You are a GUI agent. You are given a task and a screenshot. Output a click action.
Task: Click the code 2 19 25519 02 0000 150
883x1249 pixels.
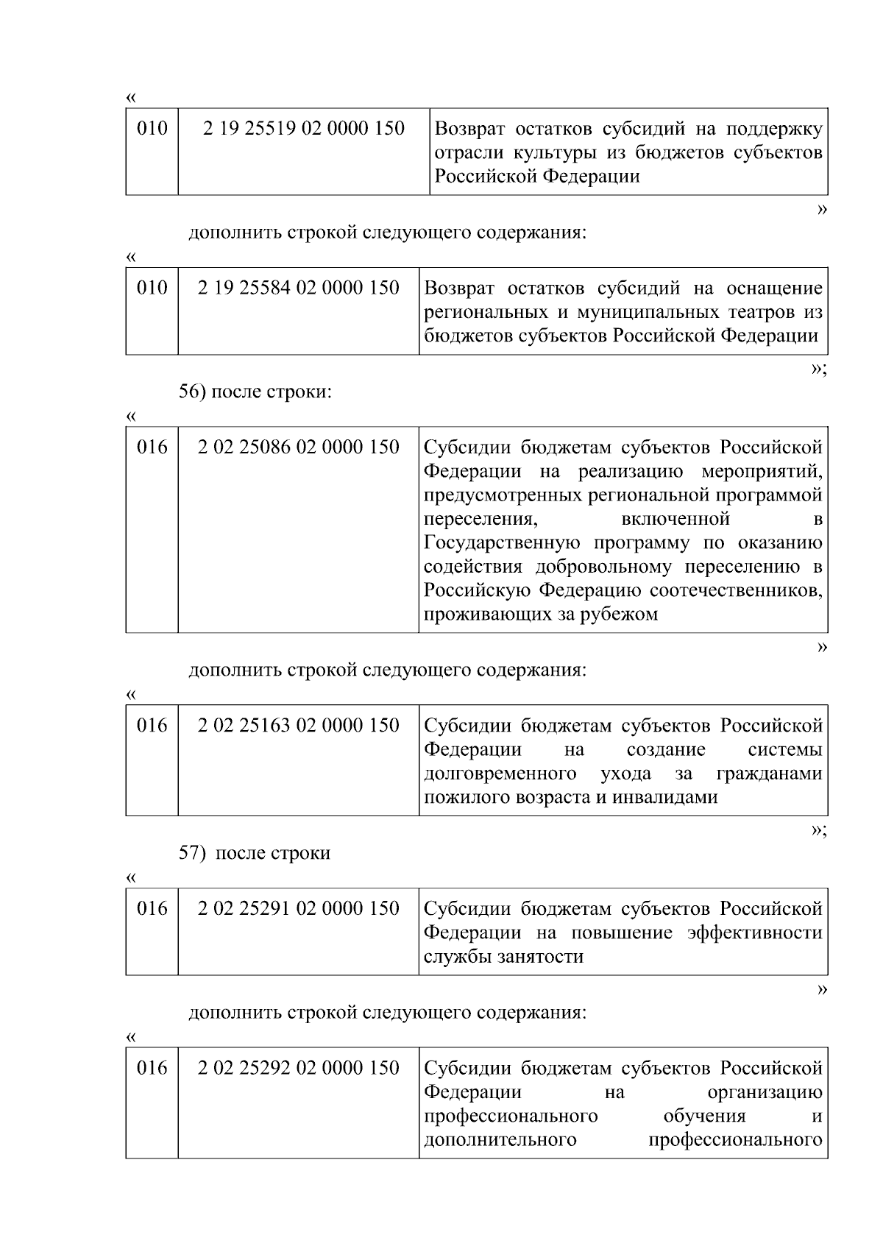point(304,129)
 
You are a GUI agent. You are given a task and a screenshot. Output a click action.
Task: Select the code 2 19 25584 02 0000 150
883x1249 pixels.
point(298,288)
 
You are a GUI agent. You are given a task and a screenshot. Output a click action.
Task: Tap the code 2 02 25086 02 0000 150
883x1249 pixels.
point(298,447)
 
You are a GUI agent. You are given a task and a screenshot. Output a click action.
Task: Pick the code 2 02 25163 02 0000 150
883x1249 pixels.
point(298,726)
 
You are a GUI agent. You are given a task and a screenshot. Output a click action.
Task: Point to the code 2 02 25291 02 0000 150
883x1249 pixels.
point(298,908)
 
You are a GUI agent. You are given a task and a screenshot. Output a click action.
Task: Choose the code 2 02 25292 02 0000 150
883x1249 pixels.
point(298,1068)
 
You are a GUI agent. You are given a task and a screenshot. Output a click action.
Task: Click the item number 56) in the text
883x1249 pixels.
point(193,392)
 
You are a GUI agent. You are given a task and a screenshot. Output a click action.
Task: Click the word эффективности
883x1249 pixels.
point(754,933)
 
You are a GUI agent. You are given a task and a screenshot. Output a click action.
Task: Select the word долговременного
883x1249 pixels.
point(500,774)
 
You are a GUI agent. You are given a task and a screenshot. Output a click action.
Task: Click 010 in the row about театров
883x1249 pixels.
point(152,288)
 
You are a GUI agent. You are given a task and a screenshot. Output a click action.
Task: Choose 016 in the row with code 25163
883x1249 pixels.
point(152,726)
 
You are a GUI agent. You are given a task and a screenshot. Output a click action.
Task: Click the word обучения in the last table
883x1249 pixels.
point(704,1116)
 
